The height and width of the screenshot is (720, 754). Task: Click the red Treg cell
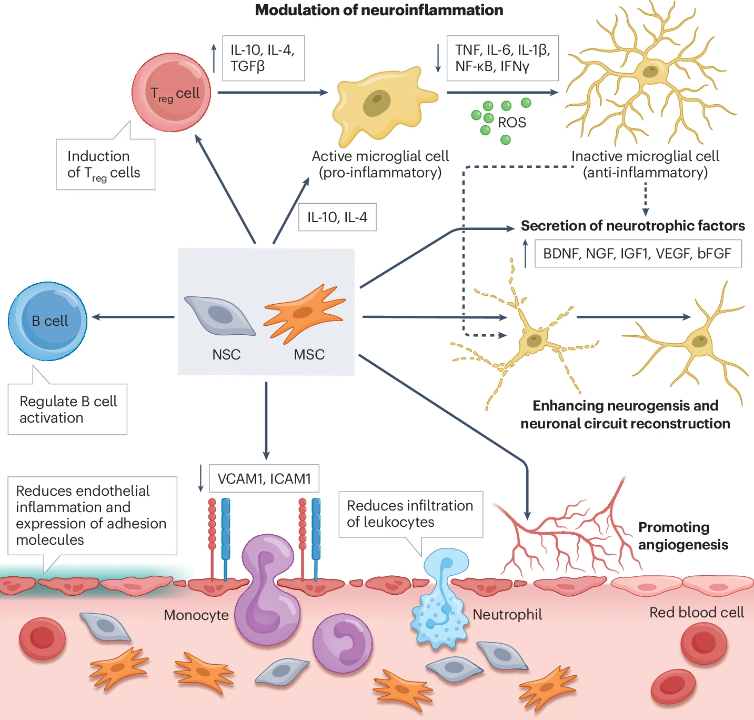pyautogui.click(x=172, y=92)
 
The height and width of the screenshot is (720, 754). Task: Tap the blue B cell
pyautogui.click(x=48, y=321)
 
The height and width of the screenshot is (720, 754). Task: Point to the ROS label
pyautogui.click(x=511, y=123)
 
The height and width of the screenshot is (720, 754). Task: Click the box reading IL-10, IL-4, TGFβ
pyautogui.click(x=263, y=58)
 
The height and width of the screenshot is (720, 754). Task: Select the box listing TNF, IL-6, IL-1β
pyautogui.click(x=502, y=58)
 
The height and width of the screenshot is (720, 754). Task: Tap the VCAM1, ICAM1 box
pyautogui.click(x=264, y=478)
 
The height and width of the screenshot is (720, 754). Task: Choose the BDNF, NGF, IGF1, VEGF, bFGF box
pyautogui.click(x=638, y=254)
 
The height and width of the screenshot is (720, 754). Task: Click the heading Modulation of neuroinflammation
pyautogui.click(x=379, y=10)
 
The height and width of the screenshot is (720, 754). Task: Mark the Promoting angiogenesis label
pyautogui.click(x=682, y=536)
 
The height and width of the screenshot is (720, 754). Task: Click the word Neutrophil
pyautogui.click(x=507, y=615)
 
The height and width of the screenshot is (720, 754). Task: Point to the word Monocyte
pyautogui.click(x=196, y=615)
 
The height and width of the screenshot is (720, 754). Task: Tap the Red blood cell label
pyautogui.click(x=696, y=613)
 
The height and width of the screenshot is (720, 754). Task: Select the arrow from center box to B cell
pyautogui.click(x=133, y=317)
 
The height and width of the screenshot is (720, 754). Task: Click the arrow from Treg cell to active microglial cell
pyautogui.click(x=273, y=93)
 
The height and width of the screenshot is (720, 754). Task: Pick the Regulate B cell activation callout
pyautogui.click(x=67, y=409)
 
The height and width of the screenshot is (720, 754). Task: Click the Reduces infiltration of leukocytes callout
pyautogui.click(x=410, y=514)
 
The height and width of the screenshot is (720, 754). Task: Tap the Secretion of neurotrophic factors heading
pyautogui.click(x=632, y=226)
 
